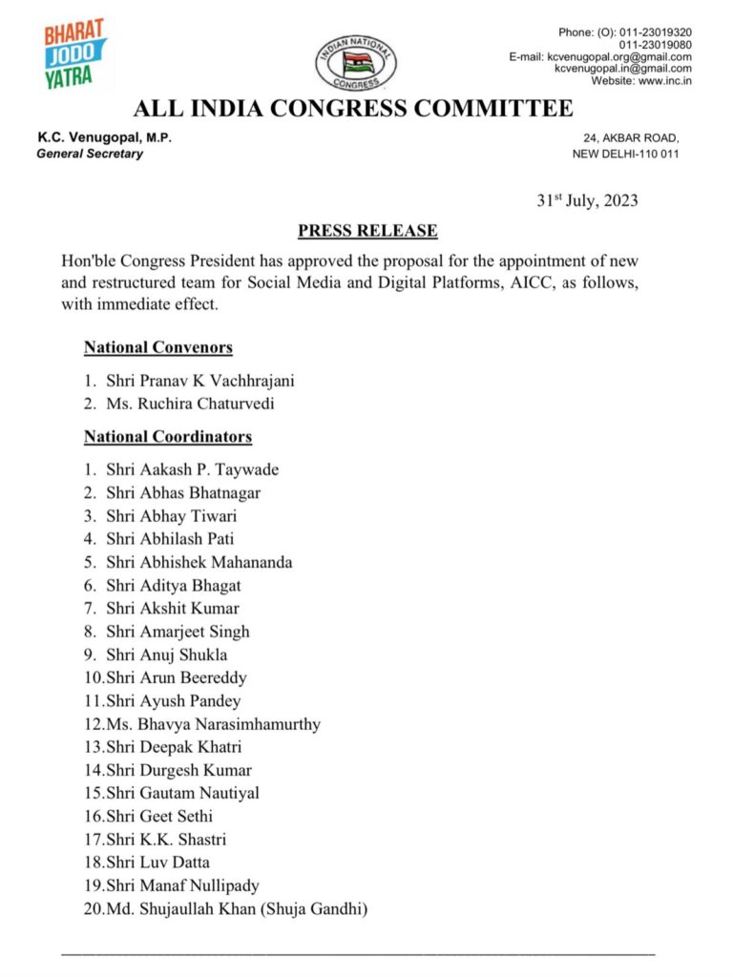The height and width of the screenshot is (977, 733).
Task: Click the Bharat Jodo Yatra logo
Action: point(75,53)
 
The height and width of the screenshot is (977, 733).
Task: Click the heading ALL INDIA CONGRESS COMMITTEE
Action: point(353,108)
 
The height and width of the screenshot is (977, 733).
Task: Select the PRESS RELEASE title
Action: point(367,231)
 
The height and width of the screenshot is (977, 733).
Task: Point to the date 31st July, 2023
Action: point(586,200)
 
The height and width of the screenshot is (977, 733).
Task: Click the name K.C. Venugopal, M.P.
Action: point(104,138)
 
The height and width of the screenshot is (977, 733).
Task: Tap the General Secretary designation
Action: point(90,154)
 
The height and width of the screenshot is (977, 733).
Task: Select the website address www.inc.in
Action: point(665,81)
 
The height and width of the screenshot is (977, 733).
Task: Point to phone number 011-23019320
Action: point(655,31)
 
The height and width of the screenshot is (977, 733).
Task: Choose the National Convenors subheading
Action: point(158,347)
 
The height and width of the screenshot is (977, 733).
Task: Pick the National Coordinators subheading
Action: point(168,437)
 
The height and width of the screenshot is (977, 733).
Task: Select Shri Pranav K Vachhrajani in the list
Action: point(200,381)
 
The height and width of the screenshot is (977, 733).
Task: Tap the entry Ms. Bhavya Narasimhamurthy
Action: point(216,724)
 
